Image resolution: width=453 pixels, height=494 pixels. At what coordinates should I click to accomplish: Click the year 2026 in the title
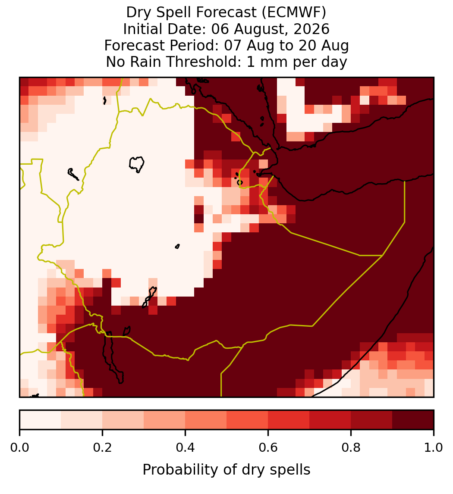311,29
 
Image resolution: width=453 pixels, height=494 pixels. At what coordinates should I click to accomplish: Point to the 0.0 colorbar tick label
19,448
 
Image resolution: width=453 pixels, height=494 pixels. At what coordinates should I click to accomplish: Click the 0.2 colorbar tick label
102,448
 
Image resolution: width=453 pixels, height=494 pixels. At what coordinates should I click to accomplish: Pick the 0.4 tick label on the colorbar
186,448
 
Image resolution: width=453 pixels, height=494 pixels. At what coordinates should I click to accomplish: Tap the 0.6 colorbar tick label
268,448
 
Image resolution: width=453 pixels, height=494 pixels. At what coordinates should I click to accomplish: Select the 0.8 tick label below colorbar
351,448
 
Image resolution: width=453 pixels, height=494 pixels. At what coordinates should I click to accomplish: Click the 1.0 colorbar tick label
434,448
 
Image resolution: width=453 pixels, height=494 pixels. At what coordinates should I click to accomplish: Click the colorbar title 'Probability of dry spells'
226,470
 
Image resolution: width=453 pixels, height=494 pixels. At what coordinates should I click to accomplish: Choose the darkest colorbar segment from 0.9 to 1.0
413,420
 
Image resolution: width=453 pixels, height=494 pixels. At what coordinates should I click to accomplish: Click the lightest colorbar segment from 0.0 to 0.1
41,420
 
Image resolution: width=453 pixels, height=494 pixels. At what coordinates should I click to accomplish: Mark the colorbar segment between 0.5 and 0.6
248,420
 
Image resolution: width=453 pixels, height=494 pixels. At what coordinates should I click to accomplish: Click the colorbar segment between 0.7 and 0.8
330,420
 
